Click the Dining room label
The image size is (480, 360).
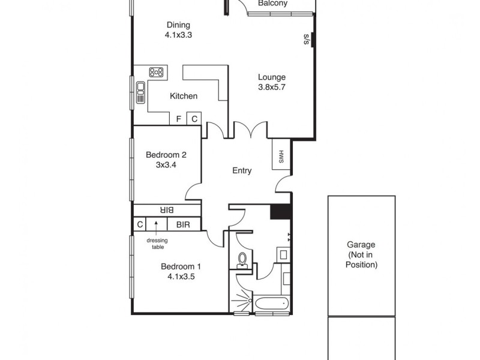pyautogui.click(x=178, y=25)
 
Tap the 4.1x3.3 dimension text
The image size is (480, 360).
pyautogui.click(x=178, y=35)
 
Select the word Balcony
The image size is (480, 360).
pyautogui.click(x=272, y=4)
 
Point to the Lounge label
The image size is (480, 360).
pyautogui.click(x=272, y=77)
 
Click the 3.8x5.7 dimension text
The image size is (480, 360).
pyautogui.click(x=272, y=87)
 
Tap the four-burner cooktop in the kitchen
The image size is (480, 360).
pyautogui.click(x=157, y=72)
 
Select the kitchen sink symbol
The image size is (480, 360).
pyautogui.click(x=141, y=92)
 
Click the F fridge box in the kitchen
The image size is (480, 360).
pyautogui.click(x=179, y=119)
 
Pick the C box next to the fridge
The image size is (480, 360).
pyautogui.click(x=194, y=119)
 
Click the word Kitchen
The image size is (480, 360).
pyautogui.click(x=184, y=96)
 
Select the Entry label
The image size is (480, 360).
pyautogui.click(x=242, y=171)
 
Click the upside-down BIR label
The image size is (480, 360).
pyautogui.click(x=167, y=210)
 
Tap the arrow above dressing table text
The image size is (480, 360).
pyautogui.click(x=157, y=225)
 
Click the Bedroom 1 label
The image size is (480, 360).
pyautogui.click(x=181, y=266)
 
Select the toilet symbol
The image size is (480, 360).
pyautogui.click(x=243, y=259)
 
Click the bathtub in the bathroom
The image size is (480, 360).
pyautogui.click(x=272, y=305)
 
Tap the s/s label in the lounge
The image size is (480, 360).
pyautogui.click(x=306, y=40)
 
